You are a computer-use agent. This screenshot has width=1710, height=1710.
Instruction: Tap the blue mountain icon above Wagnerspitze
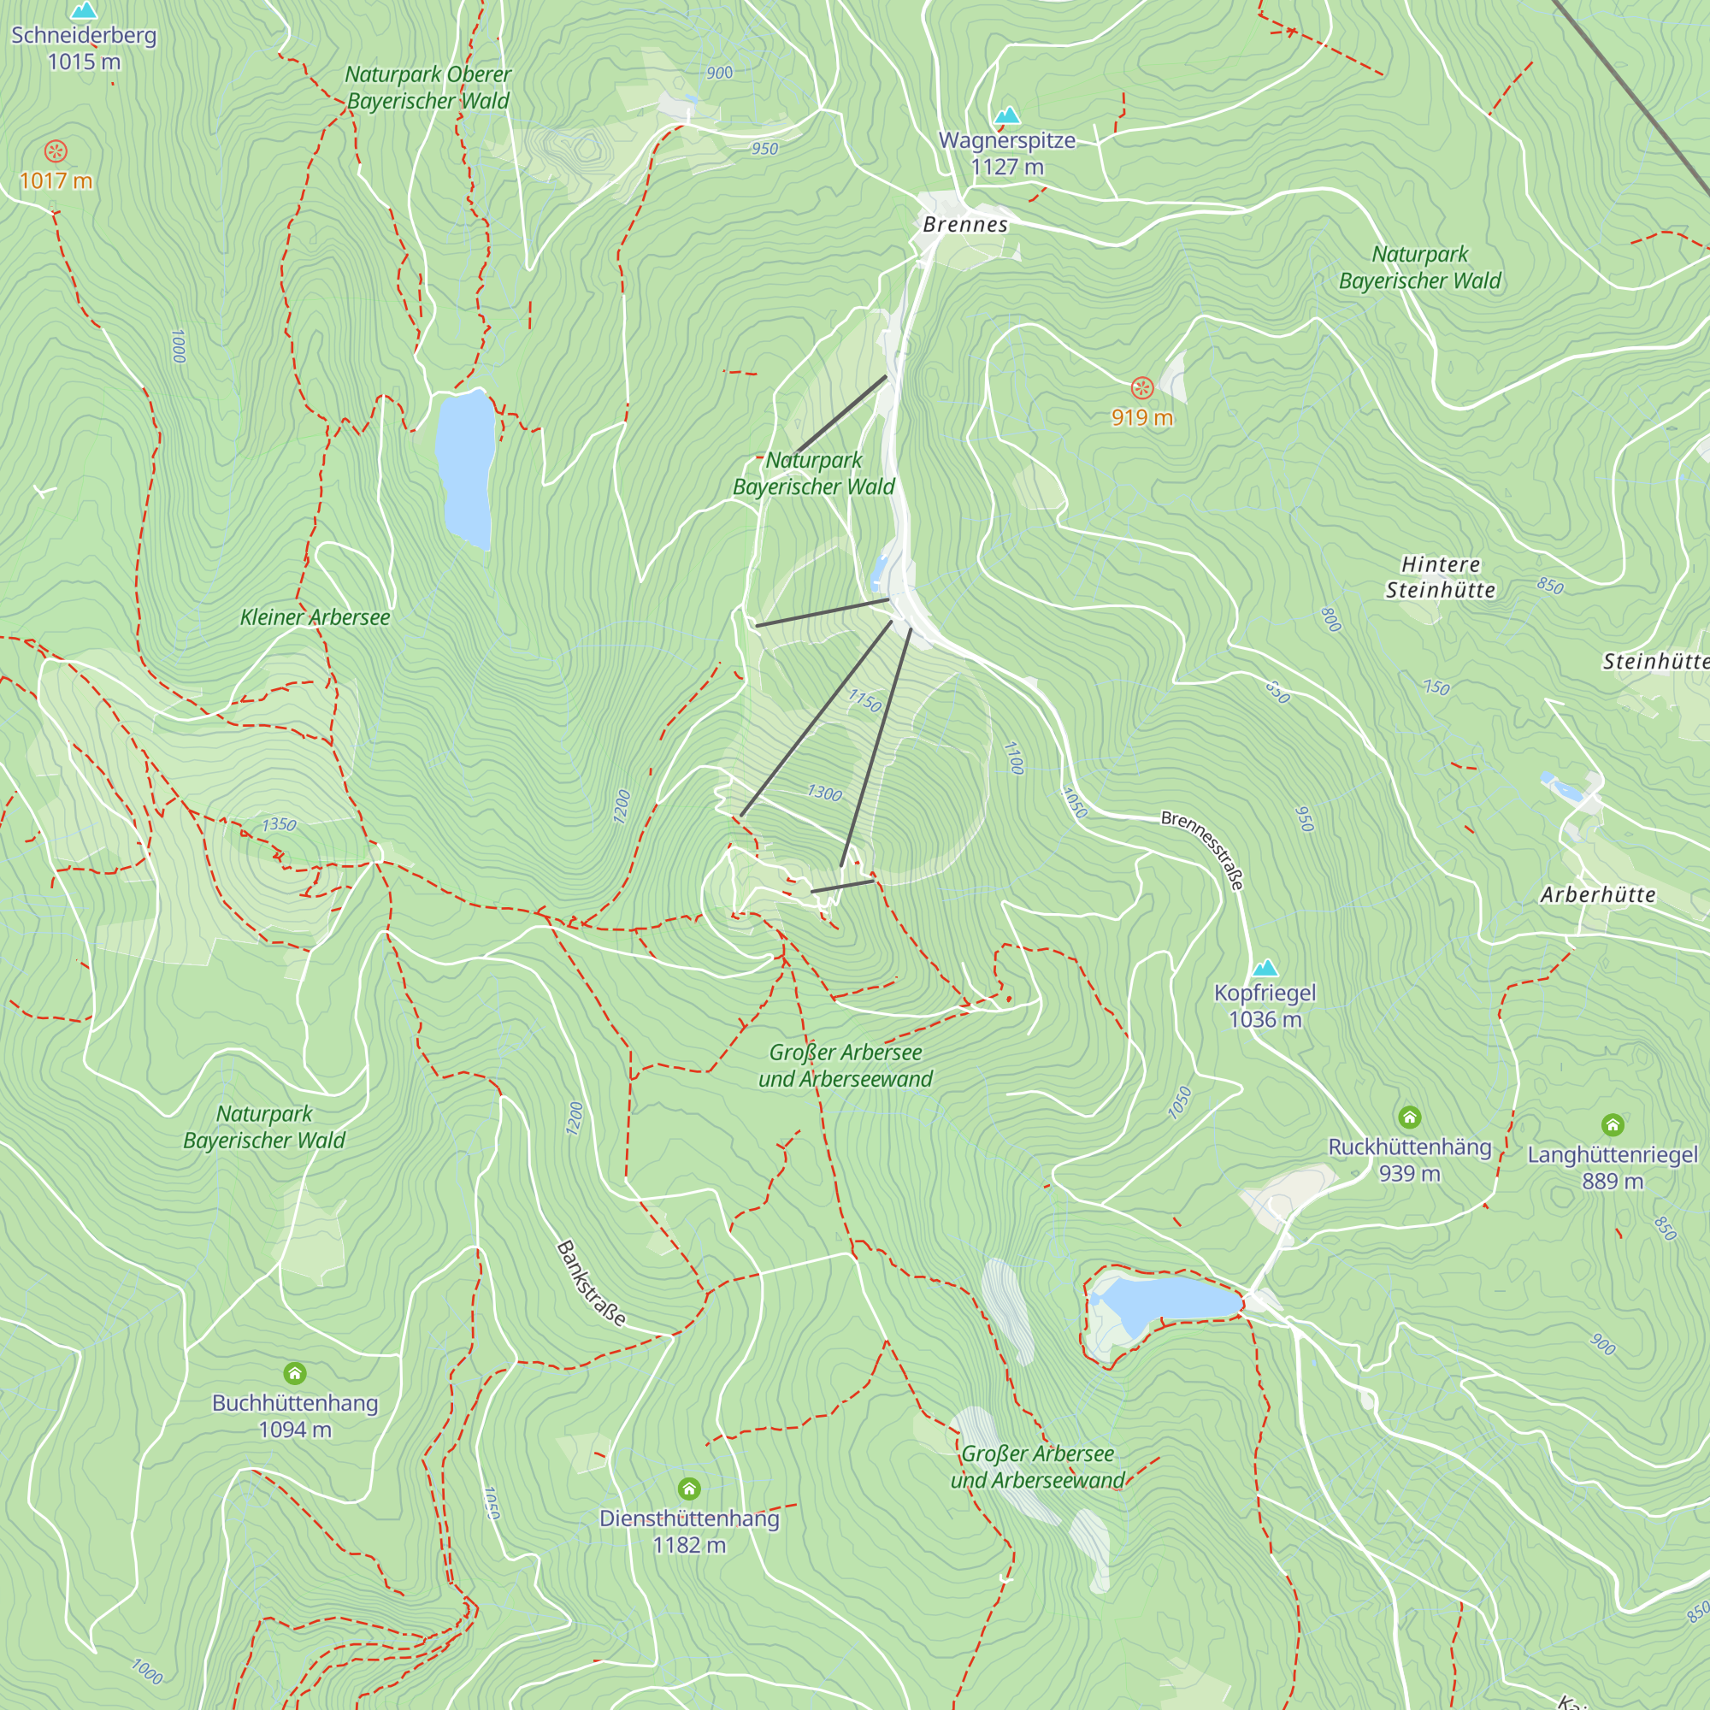1006,116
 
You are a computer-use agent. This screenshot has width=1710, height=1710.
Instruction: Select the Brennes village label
964,225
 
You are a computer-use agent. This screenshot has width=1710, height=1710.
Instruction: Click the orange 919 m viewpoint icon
1141,387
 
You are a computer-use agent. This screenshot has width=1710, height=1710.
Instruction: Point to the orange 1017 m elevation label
56,181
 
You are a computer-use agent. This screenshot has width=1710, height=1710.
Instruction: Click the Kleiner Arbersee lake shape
464,469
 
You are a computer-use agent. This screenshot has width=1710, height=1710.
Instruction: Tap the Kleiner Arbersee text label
315,618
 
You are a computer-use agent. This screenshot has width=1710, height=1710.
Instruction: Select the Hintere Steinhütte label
1440,577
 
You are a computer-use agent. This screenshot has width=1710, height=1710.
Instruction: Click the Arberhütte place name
1598,895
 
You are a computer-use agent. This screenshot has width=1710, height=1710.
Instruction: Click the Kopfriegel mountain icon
1265,967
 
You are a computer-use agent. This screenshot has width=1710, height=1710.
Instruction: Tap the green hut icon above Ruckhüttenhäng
1409,1117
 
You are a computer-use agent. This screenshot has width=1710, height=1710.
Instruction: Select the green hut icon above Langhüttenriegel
1612,1125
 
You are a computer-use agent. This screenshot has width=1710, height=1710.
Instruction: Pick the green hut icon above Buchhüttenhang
295,1374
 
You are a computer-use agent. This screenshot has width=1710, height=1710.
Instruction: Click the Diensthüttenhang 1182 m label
688,1531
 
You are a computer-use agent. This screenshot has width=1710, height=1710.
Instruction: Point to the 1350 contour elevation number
279,825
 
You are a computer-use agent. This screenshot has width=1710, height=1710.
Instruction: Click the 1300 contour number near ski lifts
824,793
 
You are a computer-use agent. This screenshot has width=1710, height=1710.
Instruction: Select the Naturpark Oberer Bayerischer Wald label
428,87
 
